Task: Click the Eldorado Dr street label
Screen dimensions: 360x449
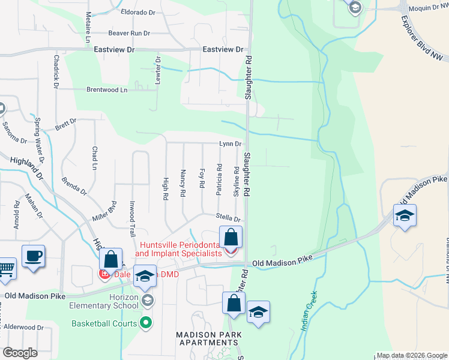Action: pos(138,11)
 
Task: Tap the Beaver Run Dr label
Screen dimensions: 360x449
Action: pos(132,34)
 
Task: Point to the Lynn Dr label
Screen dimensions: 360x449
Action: pos(230,144)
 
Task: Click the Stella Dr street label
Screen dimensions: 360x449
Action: pos(228,219)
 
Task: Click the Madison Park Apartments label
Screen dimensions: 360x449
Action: pos(208,339)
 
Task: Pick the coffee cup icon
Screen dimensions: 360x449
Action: pos(33,256)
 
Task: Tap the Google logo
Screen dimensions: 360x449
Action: pos(20,353)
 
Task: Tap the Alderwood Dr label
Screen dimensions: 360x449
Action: pos(20,328)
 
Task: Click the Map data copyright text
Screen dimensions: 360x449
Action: pos(411,355)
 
